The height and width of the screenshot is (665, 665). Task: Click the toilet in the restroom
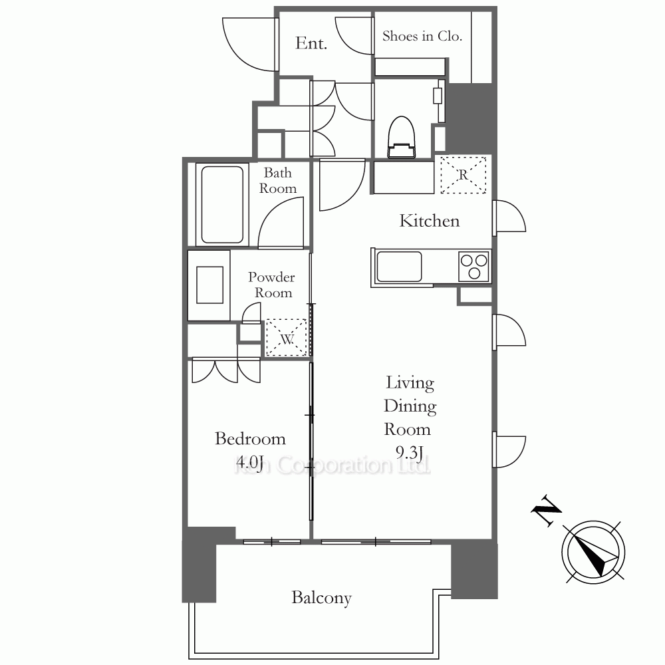point(401,137)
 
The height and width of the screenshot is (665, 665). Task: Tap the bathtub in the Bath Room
point(222,204)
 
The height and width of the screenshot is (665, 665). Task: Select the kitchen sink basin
point(399,267)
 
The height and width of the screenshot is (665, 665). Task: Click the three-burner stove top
point(474,267)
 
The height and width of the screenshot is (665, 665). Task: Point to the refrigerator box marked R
point(463,175)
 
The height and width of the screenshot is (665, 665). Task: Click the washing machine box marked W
point(286,338)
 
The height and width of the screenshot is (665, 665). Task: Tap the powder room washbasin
point(210,285)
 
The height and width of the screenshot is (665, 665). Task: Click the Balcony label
point(321,598)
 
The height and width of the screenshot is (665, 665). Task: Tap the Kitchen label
point(429,221)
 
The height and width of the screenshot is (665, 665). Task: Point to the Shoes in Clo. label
point(422,36)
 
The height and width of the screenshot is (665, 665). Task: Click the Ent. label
point(311,43)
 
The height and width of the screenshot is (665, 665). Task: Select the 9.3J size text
point(409,452)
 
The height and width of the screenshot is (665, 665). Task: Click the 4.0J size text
point(250,462)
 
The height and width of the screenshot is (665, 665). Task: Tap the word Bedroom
point(250,438)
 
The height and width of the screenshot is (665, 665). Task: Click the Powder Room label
point(272,285)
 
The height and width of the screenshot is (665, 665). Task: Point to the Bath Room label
point(278,180)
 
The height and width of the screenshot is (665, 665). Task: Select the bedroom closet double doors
point(225,370)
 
